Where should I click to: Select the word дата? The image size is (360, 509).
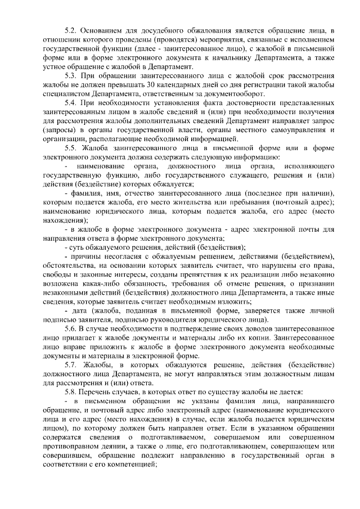click(78, 311)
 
